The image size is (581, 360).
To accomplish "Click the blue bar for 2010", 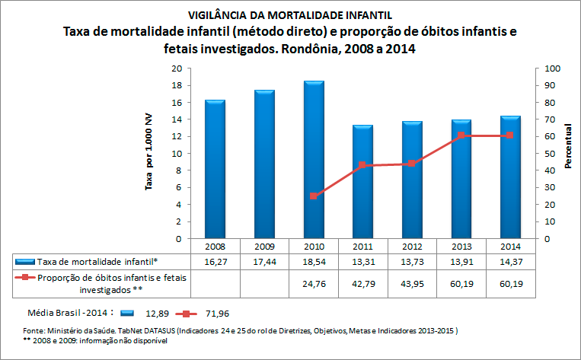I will [x=314, y=160].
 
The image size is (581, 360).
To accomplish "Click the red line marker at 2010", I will [x=314, y=196].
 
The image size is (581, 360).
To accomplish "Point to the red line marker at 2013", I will [x=461, y=135].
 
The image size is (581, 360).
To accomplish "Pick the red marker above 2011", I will [x=362, y=165].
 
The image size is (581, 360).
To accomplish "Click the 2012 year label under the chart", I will [x=412, y=247].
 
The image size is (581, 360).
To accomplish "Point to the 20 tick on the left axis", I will [x=177, y=68].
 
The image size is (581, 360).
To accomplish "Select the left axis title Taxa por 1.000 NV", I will [x=149, y=153].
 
